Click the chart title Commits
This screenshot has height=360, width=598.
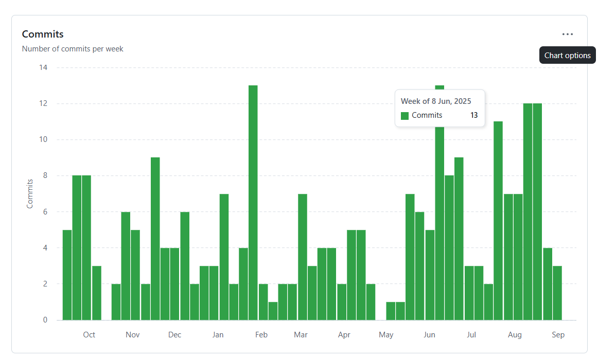43,34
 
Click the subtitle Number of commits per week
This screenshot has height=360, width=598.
73,49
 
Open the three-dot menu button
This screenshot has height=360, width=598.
567,34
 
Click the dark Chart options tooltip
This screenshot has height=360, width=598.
567,56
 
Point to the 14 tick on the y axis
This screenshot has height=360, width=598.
43,67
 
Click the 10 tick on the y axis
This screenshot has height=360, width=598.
43,139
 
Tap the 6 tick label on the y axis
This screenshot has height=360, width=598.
45,211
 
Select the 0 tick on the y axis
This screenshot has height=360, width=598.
45,320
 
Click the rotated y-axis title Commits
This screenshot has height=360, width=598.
30,193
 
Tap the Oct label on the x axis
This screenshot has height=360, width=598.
89,335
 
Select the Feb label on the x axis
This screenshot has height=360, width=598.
261,335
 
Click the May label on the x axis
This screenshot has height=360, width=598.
386,335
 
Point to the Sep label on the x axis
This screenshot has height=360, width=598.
558,335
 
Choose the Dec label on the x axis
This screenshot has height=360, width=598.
174,335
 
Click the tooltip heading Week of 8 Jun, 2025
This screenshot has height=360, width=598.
436,101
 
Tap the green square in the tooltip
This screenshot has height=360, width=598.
404,116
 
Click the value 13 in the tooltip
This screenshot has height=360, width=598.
474,115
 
